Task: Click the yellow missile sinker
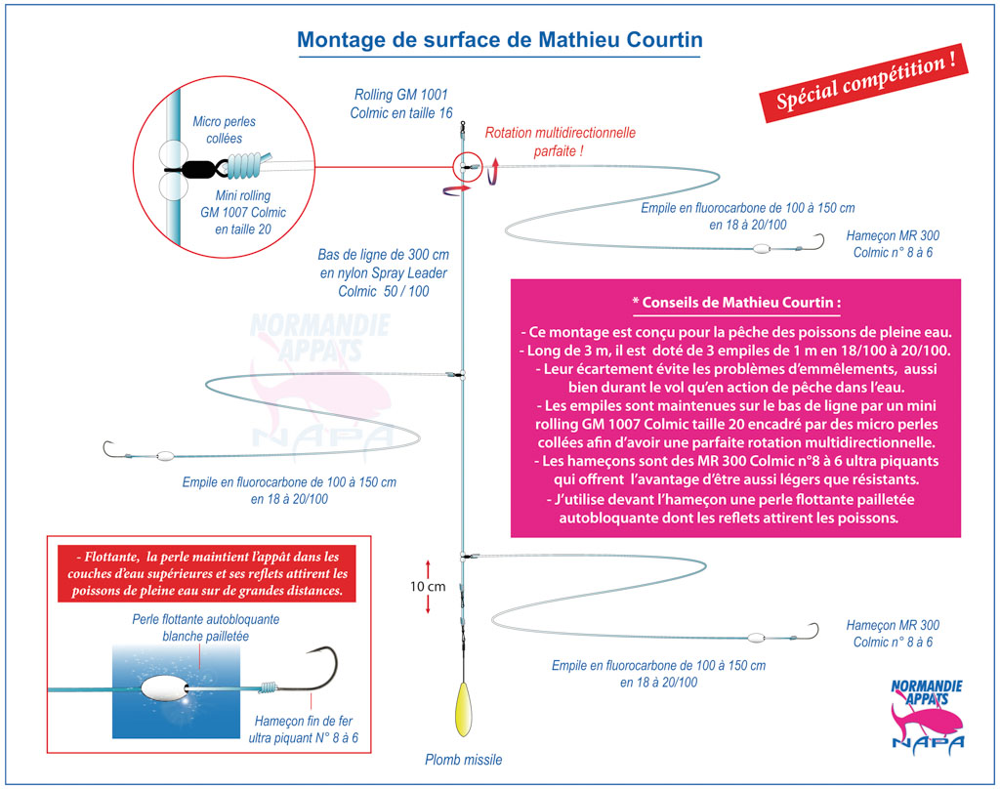pyautogui.click(x=464, y=709)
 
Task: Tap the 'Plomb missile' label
pyautogui.click(x=464, y=760)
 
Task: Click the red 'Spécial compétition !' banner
pyautogui.click(x=863, y=83)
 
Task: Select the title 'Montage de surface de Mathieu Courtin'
pyautogui.click(x=500, y=39)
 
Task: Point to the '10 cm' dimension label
pyautogui.click(x=428, y=587)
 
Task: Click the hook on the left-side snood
pyautogui.click(x=109, y=449)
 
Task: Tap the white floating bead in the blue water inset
pyautogui.click(x=164, y=689)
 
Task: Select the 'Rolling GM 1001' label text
pyautogui.click(x=401, y=95)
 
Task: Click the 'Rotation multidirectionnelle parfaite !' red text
pyautogui.click(x=560, y=142)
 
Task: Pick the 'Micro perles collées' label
pyautogui.click(x=224, y=130)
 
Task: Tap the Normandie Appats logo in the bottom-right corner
pyautogui.click(x=927, y=717)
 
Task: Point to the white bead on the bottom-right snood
pyautogui.click(x=757, y=637)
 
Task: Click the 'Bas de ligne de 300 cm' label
pyautogui.click(x=383, y=255)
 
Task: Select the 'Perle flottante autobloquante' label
pyautogui.click(x=205, y=619)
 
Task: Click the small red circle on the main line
pyautogui.click(x=467, y=167)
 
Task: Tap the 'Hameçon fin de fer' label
pyautogui.click(x=303, y=721)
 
